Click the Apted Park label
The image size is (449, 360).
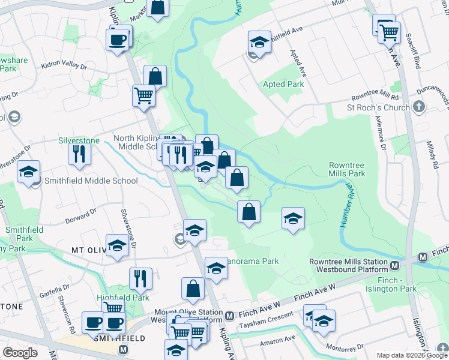click(283, 84)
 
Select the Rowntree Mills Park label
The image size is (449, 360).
click(347, 169)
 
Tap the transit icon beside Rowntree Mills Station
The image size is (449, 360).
click(395, 266)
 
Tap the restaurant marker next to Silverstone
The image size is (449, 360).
click(79, 154)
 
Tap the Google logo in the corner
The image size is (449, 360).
click(20, 352)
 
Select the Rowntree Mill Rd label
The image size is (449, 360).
click(375, 97)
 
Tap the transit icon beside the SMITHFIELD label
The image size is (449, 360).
click(123, 349)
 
